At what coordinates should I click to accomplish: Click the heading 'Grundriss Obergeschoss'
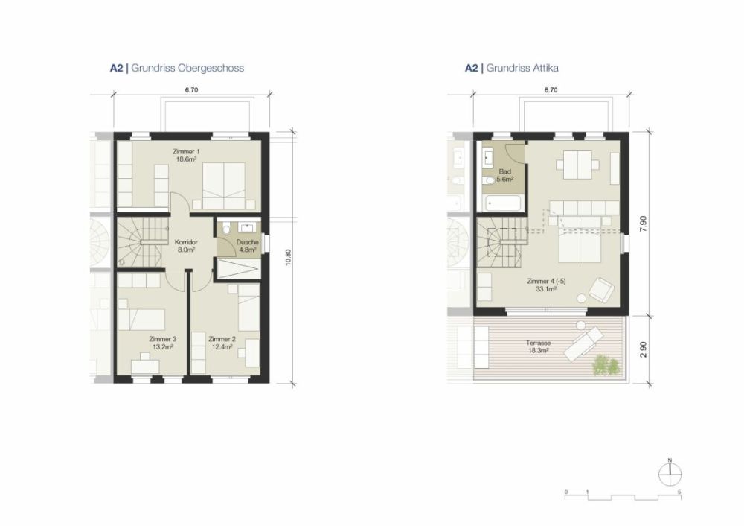(x=187, y=68)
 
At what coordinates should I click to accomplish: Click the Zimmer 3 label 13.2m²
(x=161, y=342)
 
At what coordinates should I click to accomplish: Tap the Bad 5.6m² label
(x=505, y=176)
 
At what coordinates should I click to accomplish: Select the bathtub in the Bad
(x=504, y=203)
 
